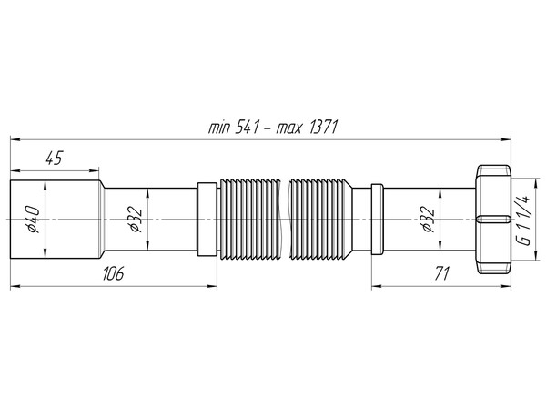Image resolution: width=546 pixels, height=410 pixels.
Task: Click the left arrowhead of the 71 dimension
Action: [x=374, y=285]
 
